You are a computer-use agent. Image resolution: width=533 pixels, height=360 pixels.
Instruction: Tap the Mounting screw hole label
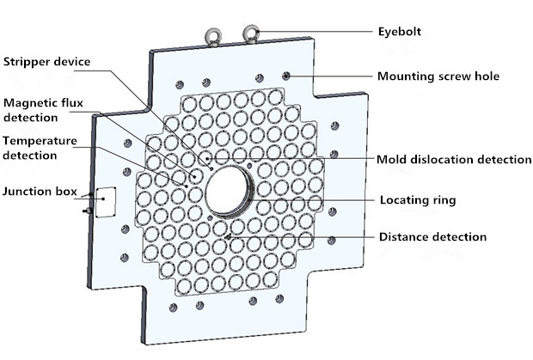pyautogui.click(x=438, y=76)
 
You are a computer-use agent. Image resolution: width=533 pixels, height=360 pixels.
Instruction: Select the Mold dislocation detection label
pyautogui.click(x=454, y=159)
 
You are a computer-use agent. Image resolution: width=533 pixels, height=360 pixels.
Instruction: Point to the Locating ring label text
pyautogui.click(x=418, y=200)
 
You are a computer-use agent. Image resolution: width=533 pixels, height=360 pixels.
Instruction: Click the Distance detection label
pyautogui.click(x=432, y=236)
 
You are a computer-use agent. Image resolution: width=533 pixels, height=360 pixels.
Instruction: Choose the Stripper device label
pyautogui.click(x=46, y=61)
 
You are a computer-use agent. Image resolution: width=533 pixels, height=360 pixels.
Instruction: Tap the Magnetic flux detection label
pyautogui.click(x=43, y=110)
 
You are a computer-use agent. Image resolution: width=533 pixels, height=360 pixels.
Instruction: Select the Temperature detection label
pyautogui.click(x=39, y=147)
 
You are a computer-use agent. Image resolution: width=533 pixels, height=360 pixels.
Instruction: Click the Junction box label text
pyautogui.click(x=39, y=191)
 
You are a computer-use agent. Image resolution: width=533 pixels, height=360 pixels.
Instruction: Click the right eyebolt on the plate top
pyautogui.click(x=252, y=34)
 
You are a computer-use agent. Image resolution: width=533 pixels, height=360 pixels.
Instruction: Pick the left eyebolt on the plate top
pyautogui.click(x=211, y=36)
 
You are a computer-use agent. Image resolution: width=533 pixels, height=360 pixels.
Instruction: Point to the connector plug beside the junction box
pyautogui.click(x=88, y=209)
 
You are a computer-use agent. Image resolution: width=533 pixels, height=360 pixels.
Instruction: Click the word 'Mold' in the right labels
pyautogui.click(x=392, y=159)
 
